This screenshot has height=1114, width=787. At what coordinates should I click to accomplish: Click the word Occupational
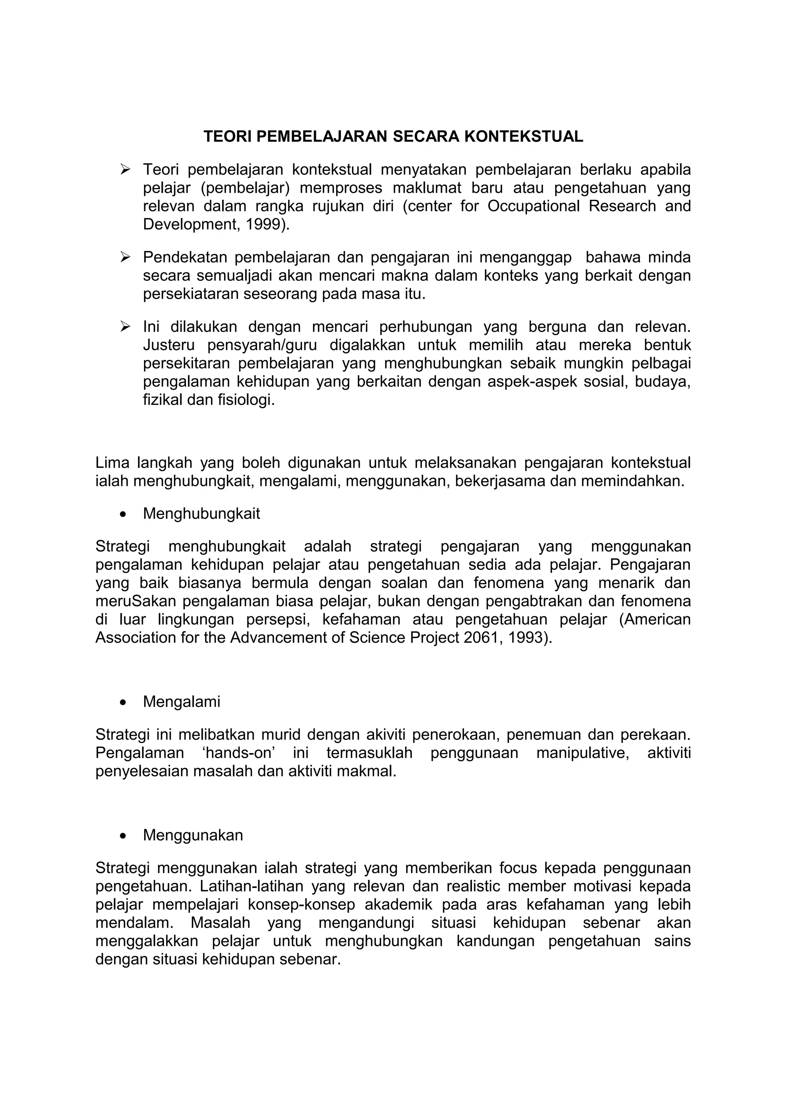(533, 206)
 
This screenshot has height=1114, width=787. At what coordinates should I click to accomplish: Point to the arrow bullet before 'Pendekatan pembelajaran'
(126, 257)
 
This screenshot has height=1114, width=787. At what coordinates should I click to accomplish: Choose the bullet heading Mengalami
(181, 702)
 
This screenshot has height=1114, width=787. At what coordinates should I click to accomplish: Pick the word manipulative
(582, 753)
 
